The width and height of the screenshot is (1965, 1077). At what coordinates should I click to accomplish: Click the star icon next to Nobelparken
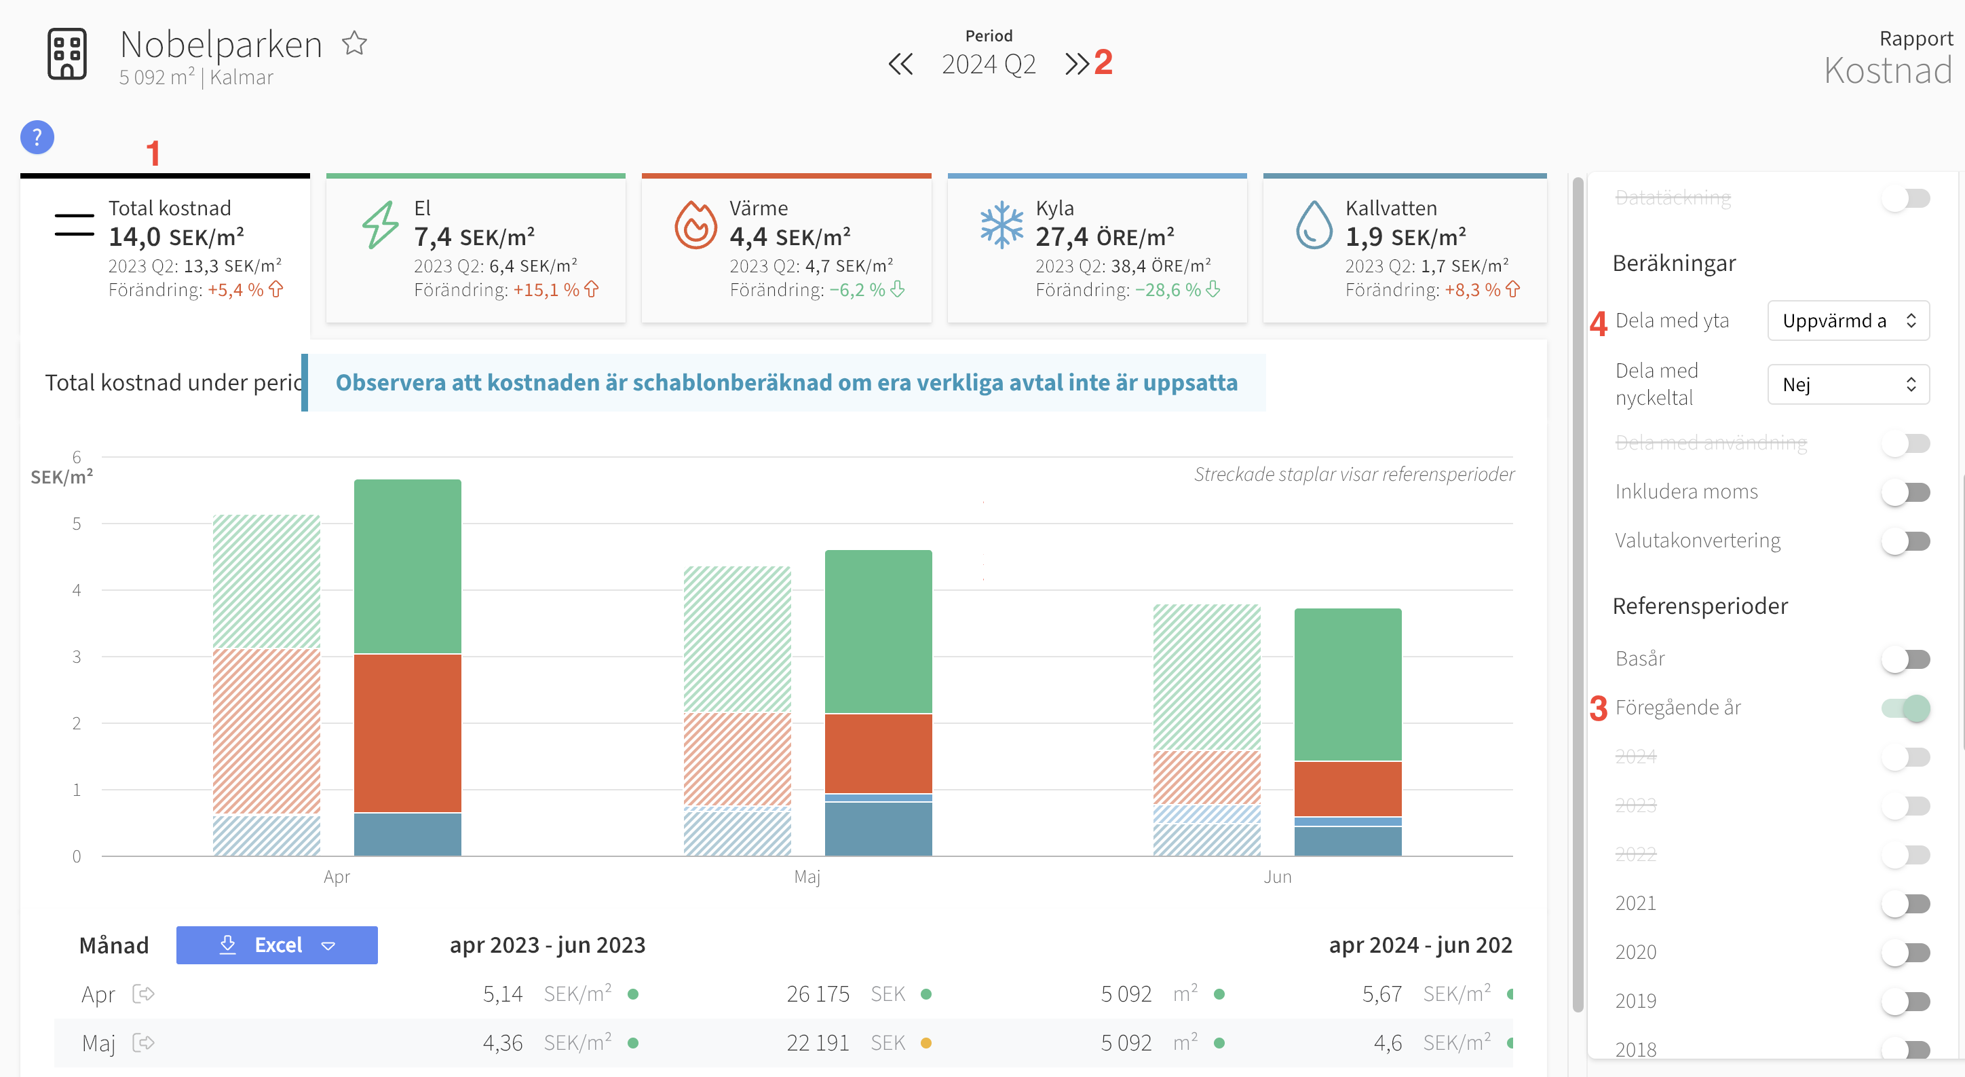pos(354,43)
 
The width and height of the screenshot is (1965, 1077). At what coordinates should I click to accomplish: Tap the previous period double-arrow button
pos(900,64)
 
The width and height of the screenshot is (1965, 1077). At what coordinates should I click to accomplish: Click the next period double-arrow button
pos(1076,64)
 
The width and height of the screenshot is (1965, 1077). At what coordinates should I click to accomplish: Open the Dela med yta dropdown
pos(1848,321)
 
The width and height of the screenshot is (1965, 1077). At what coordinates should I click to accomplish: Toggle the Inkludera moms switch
pos(1905,492)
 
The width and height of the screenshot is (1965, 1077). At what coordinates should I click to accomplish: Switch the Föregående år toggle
pos(1905,708)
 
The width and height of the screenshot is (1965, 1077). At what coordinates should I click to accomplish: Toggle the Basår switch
pos(1905,659)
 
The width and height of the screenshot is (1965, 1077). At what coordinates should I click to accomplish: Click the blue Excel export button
pos(277,945)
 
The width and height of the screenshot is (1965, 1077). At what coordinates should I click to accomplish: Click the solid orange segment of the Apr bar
pos(407,733)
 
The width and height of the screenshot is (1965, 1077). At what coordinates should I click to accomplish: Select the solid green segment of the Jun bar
pos(1348,684)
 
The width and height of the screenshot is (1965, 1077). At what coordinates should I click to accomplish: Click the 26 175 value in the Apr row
pos(818,993)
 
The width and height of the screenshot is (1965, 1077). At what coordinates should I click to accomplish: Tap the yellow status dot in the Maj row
pos(926,1042)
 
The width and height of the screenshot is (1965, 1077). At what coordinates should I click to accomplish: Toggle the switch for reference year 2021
pos(1905,905)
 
